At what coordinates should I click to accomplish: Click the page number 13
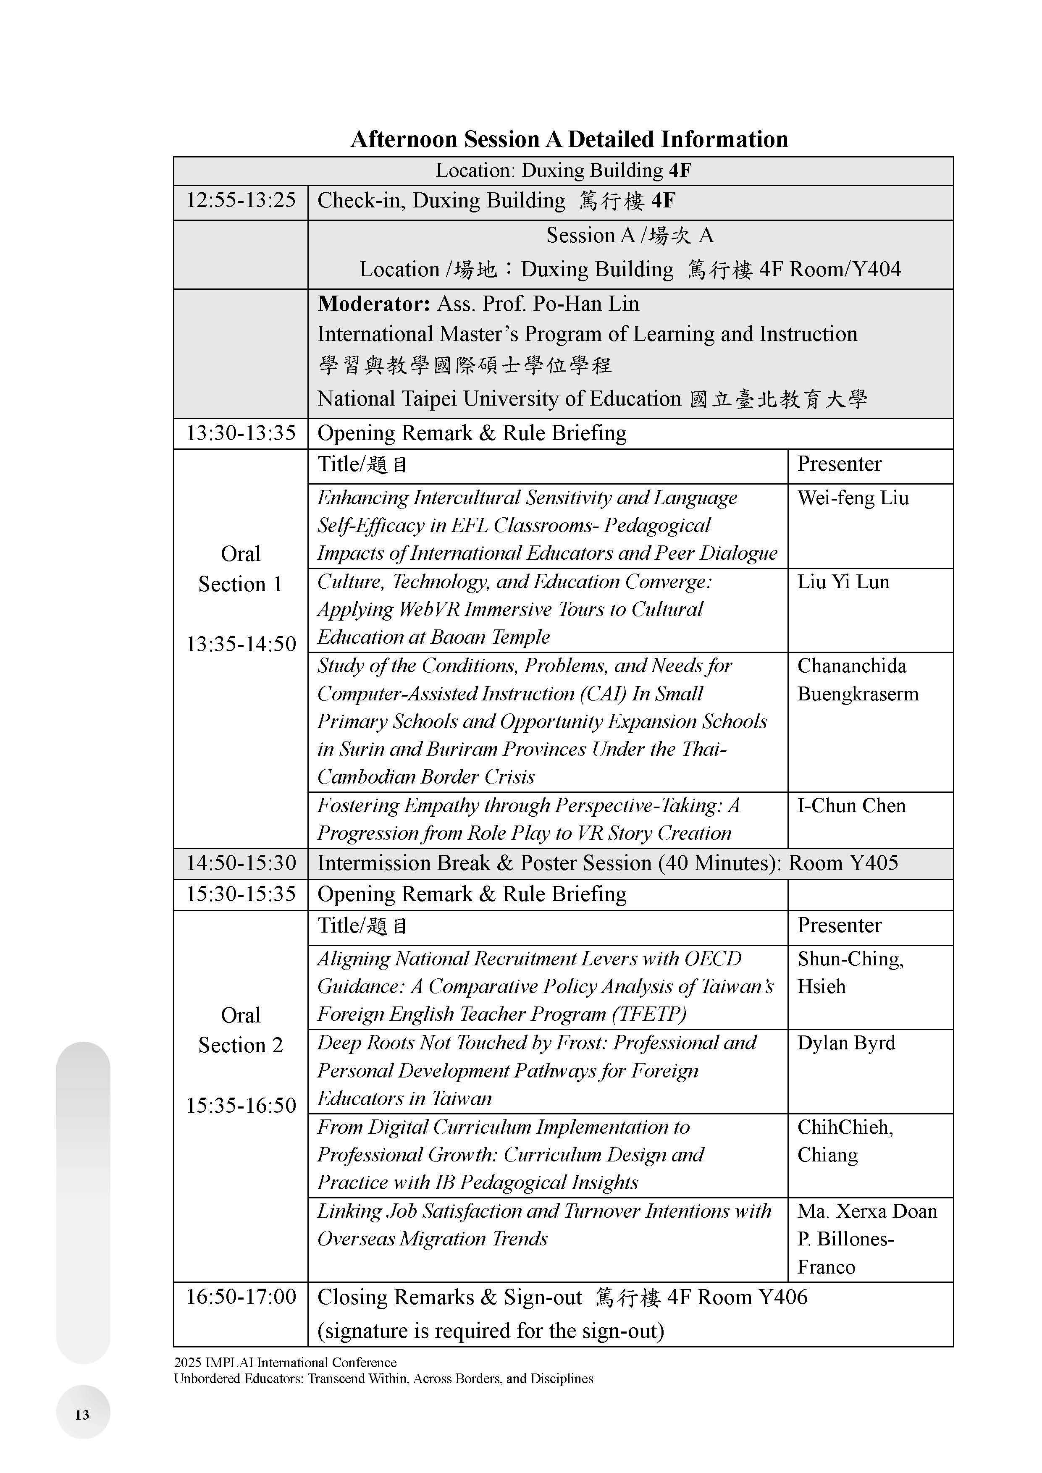click(x=82, y=1415)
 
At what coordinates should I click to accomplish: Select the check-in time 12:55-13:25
click(x=241, y=200)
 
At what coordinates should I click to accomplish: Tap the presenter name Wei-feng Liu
click(x=853, y=498)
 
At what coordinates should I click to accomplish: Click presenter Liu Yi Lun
click(x=843, y=582)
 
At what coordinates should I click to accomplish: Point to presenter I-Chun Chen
click(x=851, y=806)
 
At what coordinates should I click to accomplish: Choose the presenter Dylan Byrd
click(x=846, y=1043)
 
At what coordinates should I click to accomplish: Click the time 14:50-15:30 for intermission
click(x=241, y=863)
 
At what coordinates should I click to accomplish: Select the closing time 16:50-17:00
click(x=241, y=1297)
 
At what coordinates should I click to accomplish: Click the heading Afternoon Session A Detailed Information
click(x=569, y=139)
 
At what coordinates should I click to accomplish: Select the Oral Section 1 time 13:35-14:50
click(x=241, y=643)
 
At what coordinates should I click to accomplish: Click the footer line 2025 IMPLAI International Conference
click(x=285, y=1362)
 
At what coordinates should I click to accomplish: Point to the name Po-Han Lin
click(x=586, y=304)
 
